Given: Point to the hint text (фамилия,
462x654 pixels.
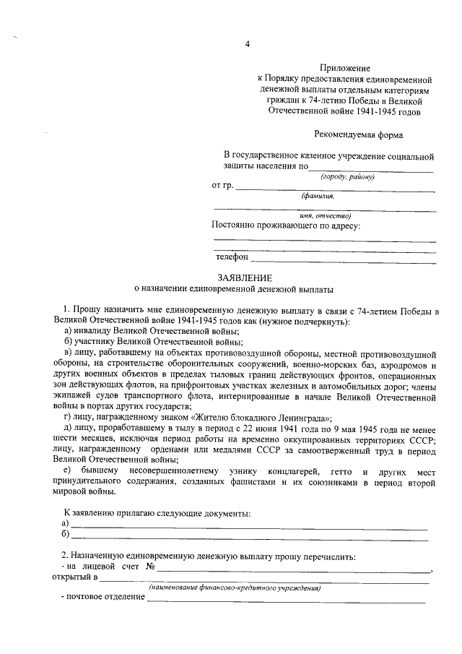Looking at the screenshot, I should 318,196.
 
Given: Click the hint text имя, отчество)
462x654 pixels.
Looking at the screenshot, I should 325,215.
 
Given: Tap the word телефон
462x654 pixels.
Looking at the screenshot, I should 232,257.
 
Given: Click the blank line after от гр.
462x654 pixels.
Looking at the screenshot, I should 336,189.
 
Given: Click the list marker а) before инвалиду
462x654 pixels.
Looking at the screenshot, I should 67,330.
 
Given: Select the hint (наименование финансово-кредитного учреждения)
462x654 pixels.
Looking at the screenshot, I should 235,588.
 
